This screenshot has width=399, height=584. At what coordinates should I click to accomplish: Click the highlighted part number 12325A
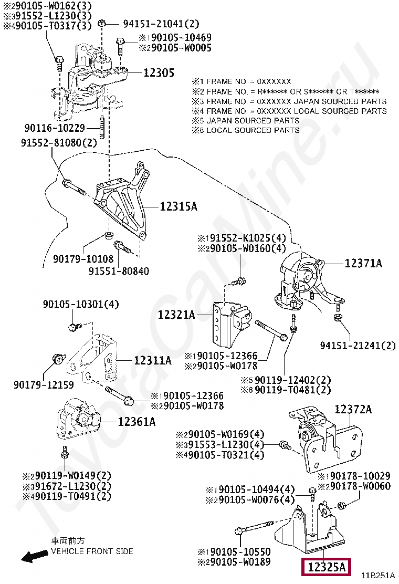pos(326,567)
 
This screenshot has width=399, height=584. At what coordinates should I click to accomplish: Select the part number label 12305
pos(159,73)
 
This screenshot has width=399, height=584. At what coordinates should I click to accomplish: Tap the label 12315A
pos(178,207)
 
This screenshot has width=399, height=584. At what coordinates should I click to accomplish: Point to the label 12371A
pos(363,264)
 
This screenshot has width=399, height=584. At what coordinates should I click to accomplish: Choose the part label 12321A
pos(176,315)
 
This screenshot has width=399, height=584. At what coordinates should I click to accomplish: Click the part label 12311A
pos(152,361)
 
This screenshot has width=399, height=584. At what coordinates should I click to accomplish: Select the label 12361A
pos(136,421)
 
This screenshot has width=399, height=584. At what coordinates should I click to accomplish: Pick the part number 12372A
pos(353,409)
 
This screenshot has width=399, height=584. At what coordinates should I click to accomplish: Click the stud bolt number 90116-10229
pos(55,128)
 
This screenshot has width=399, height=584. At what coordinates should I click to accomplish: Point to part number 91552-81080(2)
pos(59,143)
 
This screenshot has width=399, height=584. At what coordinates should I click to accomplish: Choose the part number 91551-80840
pos(119,272)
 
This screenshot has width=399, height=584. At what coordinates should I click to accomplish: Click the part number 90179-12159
pos(44,385)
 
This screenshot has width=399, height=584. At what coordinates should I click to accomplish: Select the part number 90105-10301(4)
pos(81,304)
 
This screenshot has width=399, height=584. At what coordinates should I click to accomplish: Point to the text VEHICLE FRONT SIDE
pos(92,551)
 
